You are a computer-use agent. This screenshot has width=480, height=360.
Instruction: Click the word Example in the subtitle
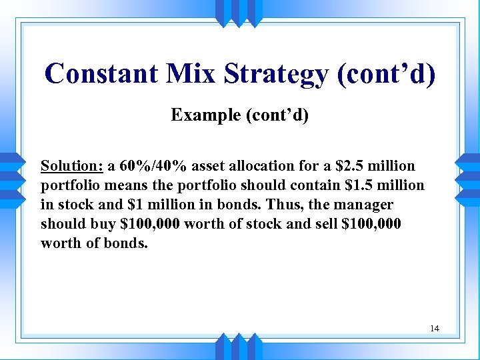[205, 115]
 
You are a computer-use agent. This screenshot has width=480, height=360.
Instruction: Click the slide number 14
[435, 329]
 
